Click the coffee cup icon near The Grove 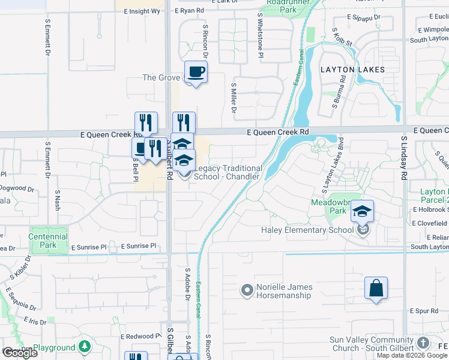(x=196, y=73)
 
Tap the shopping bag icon (x=376, y=289)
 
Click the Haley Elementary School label (x=307, y=230)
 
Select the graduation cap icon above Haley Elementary (x=363, y=212)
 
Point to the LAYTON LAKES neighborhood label (x=352, y=70)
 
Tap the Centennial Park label (x=48, y=241)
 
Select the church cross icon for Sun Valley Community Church (x=423, y=343)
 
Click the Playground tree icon (x=85, y=347)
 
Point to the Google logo (x=20, y=353)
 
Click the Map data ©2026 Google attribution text (x=412, y=355)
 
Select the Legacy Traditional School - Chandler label (x=228, y=173)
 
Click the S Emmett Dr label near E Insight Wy (x=47, y=37)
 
